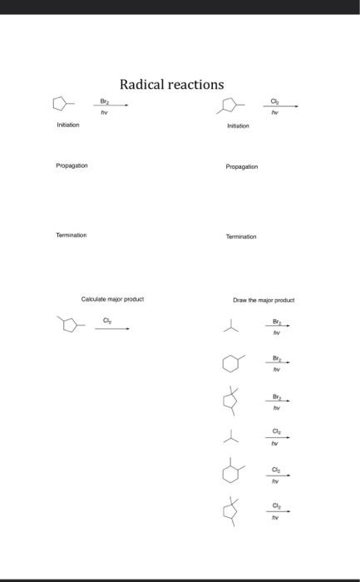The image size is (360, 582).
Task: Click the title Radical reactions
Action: click(x=171, y=84)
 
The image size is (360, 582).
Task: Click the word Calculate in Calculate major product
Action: click(x=94, y=298)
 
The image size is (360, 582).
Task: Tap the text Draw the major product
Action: click(x=264, y=300)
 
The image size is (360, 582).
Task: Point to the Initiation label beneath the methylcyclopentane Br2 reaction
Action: click(x=67, y=125)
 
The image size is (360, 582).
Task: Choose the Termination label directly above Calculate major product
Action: click(x=72, y=235)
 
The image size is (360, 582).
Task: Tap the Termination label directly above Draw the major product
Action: click(x=241, y=236)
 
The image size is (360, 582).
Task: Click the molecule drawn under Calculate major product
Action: click(x=71, y=324)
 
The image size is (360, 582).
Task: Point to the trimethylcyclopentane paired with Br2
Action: click(x=230, y=402)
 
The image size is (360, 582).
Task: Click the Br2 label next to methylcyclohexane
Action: click(x=276, y=357)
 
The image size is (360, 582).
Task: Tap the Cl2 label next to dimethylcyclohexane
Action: click(x=276, y=469)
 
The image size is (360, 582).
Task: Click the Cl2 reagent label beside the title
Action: click(x=275, y=100)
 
